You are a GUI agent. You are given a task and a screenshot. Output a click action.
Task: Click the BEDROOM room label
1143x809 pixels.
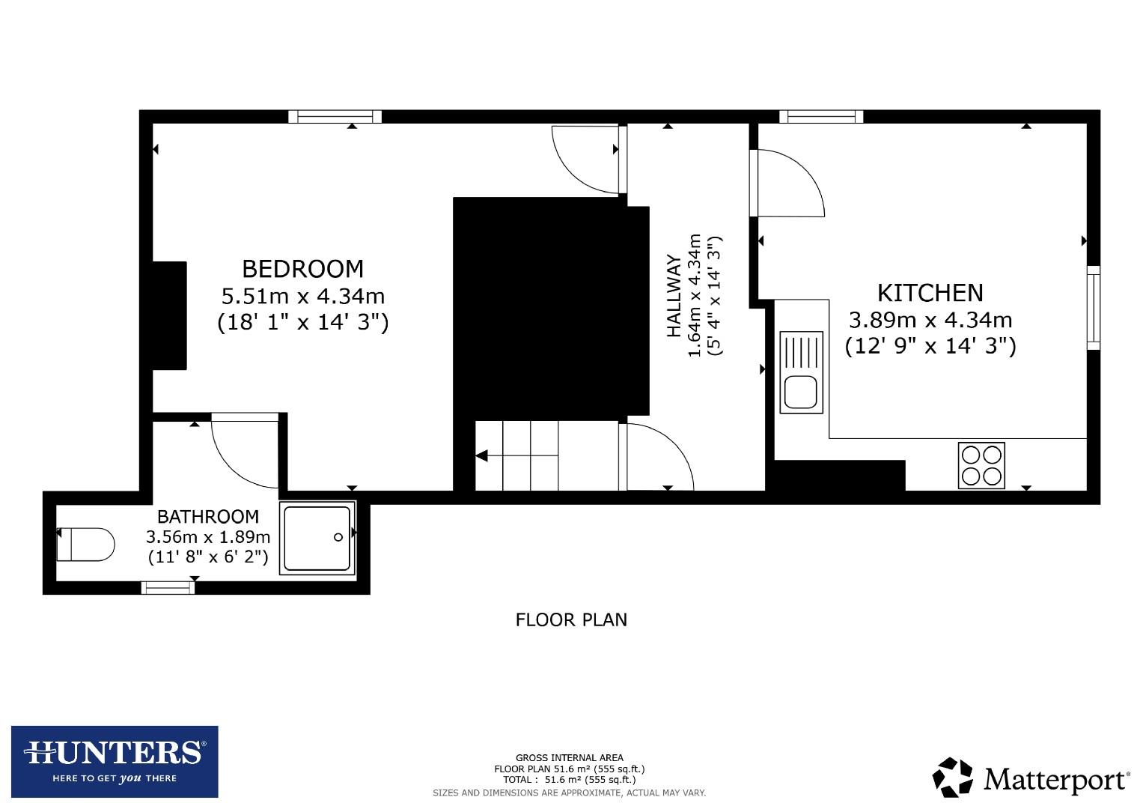[x=302, y=268]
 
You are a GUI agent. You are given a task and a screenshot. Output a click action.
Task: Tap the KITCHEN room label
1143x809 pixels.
[x=930, y=292]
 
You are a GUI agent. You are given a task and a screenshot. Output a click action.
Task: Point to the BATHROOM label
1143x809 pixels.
[x=207, y=516]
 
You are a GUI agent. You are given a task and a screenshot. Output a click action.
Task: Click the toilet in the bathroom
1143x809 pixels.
[x=85, y=544]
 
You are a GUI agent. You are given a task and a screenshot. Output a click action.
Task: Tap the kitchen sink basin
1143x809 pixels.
[x=801, y=392]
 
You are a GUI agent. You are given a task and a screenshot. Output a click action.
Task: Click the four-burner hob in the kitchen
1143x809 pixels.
[x=981, y=465]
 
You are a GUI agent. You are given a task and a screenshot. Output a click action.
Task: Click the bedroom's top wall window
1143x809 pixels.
[x=335, y=116]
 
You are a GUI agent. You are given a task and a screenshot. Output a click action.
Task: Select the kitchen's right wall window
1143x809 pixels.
[x=1094, y=307]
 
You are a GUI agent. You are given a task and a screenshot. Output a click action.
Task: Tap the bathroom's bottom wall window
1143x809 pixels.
[x=168, y=588]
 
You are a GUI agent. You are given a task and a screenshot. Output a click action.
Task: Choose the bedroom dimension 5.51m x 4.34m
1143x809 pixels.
[x=302, y=295]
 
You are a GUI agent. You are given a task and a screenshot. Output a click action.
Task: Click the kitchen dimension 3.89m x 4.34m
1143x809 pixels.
[x=930, y=320]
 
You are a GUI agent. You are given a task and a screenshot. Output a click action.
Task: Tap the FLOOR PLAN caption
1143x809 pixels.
[x=571, y=619]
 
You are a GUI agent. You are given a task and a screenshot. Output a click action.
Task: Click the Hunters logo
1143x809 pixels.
[x=115, y=761]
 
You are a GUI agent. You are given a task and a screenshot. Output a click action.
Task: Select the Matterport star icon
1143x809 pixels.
[x=951, y=778]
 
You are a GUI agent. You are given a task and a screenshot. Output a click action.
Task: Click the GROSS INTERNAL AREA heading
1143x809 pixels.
[x=569, y=757]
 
